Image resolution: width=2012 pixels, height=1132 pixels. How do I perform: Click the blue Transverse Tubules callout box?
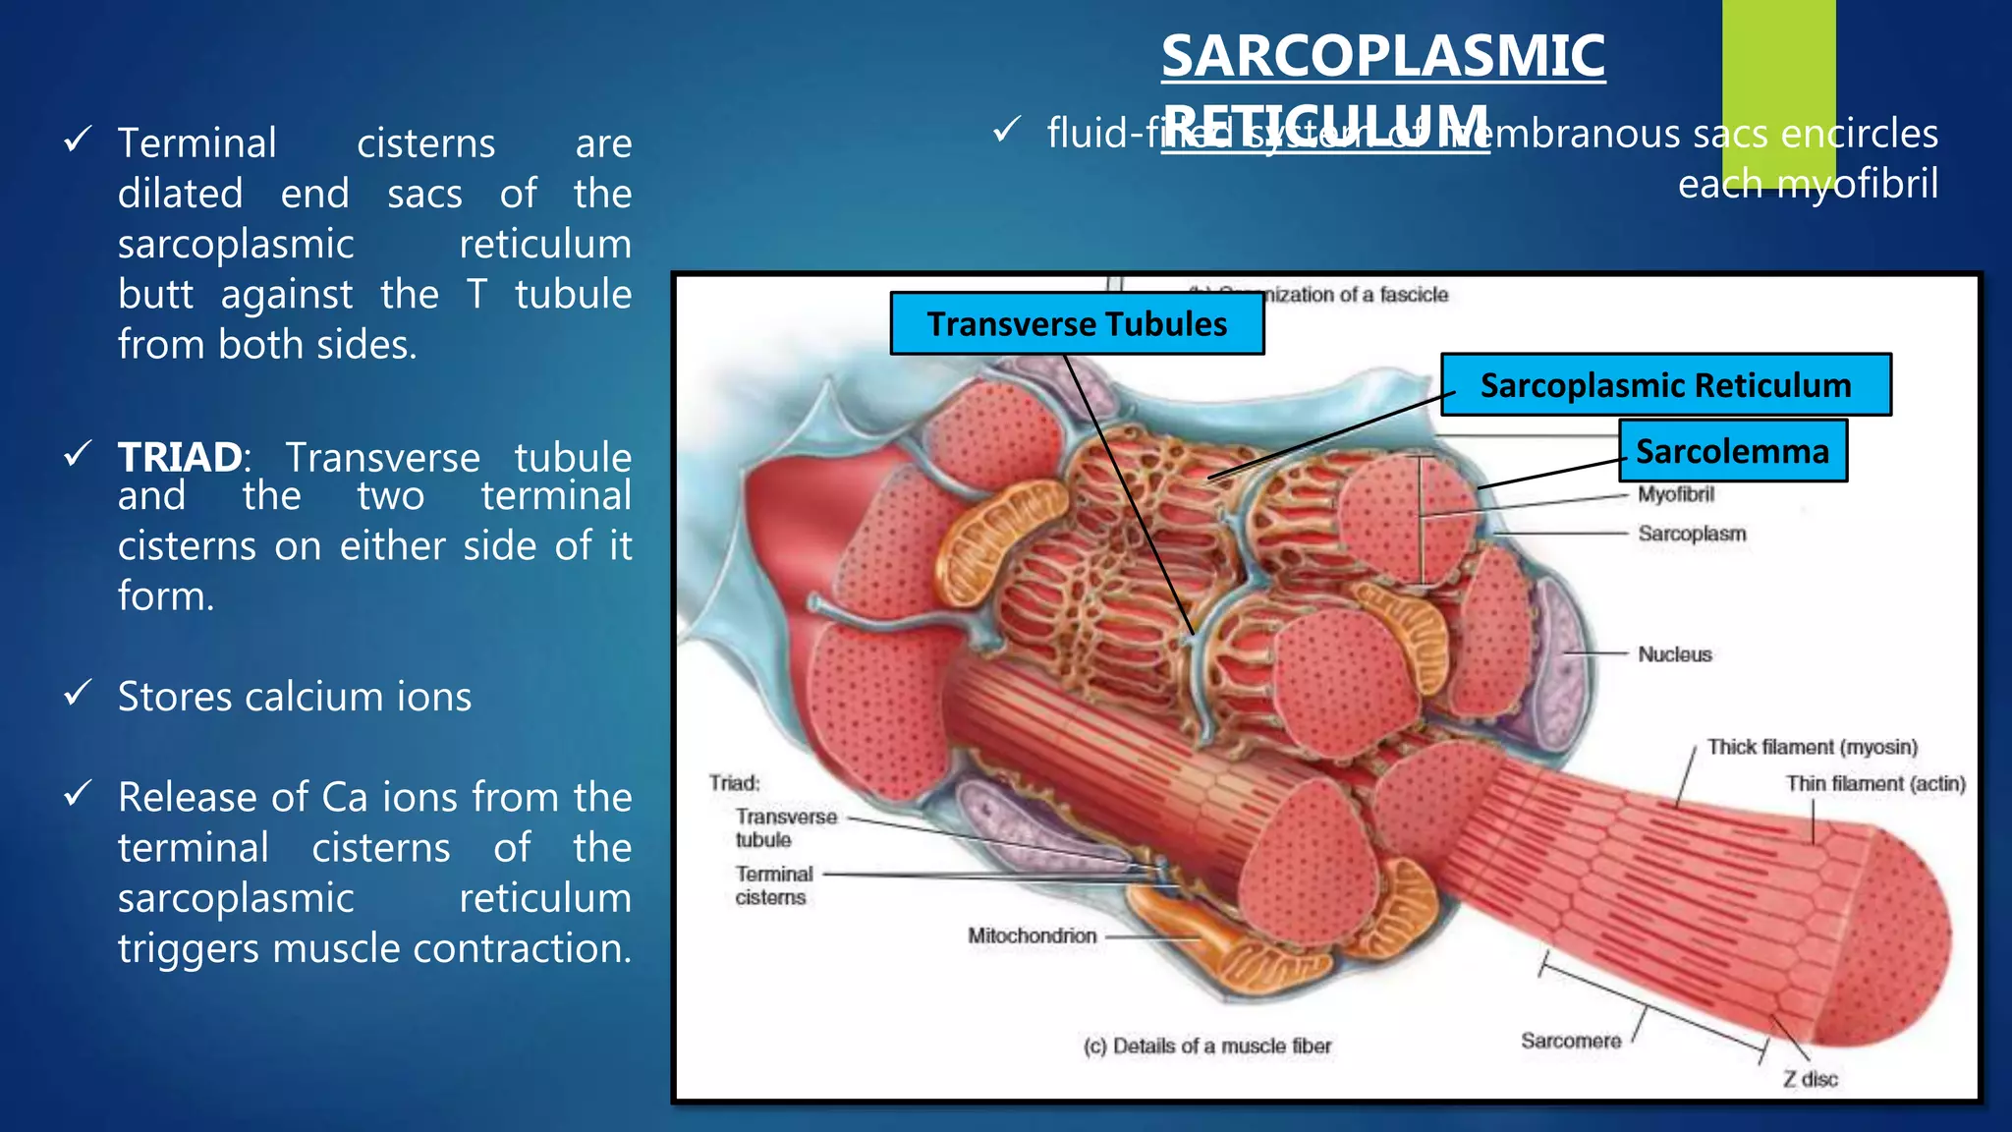point(1077,324)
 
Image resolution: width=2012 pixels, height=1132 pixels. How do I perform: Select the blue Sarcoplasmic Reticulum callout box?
point(1665,385)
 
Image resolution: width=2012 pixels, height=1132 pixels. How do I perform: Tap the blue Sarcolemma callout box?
point(1732,451)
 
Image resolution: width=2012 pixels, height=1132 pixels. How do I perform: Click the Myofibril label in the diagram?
point(1675,494)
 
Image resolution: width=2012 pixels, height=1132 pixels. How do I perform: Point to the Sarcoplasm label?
point(1692,534)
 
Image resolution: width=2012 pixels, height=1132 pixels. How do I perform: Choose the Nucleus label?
point(1674,654)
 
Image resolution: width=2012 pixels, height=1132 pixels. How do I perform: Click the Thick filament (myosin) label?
point(1812,747)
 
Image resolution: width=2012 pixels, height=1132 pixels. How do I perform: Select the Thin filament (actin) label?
point(1875,783)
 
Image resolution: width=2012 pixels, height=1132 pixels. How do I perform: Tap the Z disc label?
point(1810,1079)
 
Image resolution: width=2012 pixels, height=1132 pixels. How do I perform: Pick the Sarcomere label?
point(1570,1041)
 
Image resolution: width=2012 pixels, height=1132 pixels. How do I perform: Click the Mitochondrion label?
point(1032,935)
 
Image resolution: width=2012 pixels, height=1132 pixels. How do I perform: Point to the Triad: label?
point(734,783)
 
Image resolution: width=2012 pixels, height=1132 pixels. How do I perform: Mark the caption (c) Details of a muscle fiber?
point(1206,1047)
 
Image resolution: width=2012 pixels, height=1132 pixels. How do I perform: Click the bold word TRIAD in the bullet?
point(180,458)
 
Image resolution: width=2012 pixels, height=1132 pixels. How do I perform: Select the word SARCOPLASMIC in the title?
point(1382,56)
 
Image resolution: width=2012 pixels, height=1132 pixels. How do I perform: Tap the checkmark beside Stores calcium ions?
point(78,694)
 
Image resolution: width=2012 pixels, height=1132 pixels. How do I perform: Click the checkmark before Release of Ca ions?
point(78,793)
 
